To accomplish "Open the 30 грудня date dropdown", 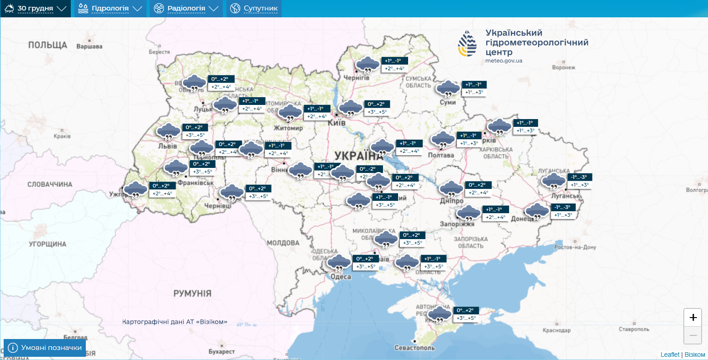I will pyautogui.click(x=36, y=9).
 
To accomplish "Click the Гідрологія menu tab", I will pyautogui.click(x=110, y=9).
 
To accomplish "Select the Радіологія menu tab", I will pyautogui.click(x=186, y=9).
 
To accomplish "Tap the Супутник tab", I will pyautogui.click(x=254, y=9).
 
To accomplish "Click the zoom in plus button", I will pyautogui.click(x=692, y=318).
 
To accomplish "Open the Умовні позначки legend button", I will pyautogui.click(x=45, y=348).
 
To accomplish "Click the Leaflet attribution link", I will pyautogui.click(x=670, y=355).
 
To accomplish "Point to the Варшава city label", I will pyautogui.click(x=89, y=47).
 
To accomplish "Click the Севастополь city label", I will pyautogui.click(x=414, y=348).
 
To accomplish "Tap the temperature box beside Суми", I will pyautogui.click(x=474, y=89).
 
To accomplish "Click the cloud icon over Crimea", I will pyautogui.click(x=440, y=314).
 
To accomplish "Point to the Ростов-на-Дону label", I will pyautogui.click(x=575, y=247).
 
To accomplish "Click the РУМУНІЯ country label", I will pyautogui.click(x=192, y=293).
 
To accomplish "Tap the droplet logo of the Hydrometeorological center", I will pyautogui.click(x=467, y=43).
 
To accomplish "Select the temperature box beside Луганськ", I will pyautogui.click(x=579, y=181).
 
